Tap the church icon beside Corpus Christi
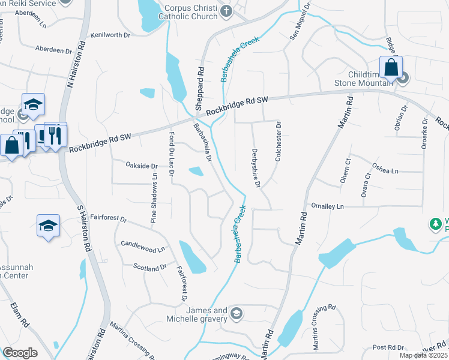pos(226,11)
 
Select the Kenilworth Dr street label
pos(110,35)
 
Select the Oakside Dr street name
pos(141,166)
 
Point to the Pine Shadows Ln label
pos(154,199)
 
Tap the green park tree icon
pos(435,224)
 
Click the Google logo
pos(20,353)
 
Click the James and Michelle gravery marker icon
pos(237,314)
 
